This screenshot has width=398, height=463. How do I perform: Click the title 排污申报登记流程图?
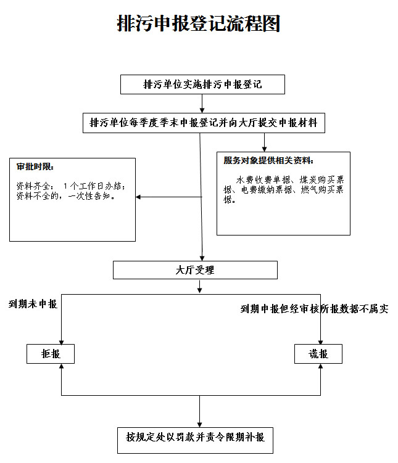pyautogui.click(x=199, y=24)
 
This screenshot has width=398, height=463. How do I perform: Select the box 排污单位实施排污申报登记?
pyautogui.click(x=202, y=84)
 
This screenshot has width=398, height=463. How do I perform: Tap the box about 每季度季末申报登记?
pyautogui.click(x=204, y=122)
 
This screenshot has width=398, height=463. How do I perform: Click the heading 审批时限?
pyautogui.click(x=35, y=166)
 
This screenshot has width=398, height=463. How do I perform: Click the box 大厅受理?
pyautogui.click(x=195, y=270)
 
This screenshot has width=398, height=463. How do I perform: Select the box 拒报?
pyautogui.click(x=50, y=354)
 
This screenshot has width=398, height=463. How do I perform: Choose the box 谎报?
pyautogui.click(x=319, y=354)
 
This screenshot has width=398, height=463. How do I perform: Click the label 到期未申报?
pyautogui.click(x=33, y=304)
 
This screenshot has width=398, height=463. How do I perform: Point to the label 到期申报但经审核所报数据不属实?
pyautogui.click(x=314, y=309)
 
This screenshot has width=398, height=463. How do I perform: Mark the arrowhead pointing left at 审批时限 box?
pyautogui.click(x=139, y=197)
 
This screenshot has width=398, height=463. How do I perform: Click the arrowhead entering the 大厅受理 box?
pyautogui.click(x=202, y=257)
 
